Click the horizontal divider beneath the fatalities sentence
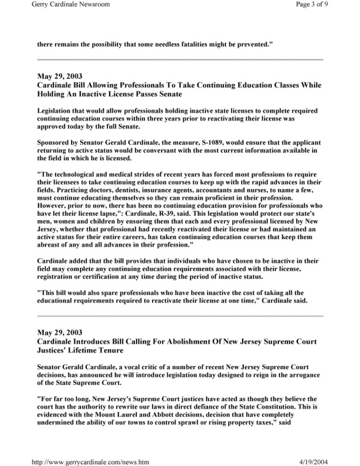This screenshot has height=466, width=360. pos(180,59)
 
